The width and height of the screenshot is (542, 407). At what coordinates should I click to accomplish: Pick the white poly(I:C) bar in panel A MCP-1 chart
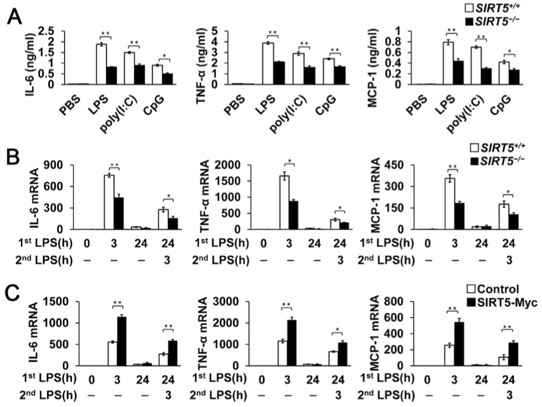[444, 66]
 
